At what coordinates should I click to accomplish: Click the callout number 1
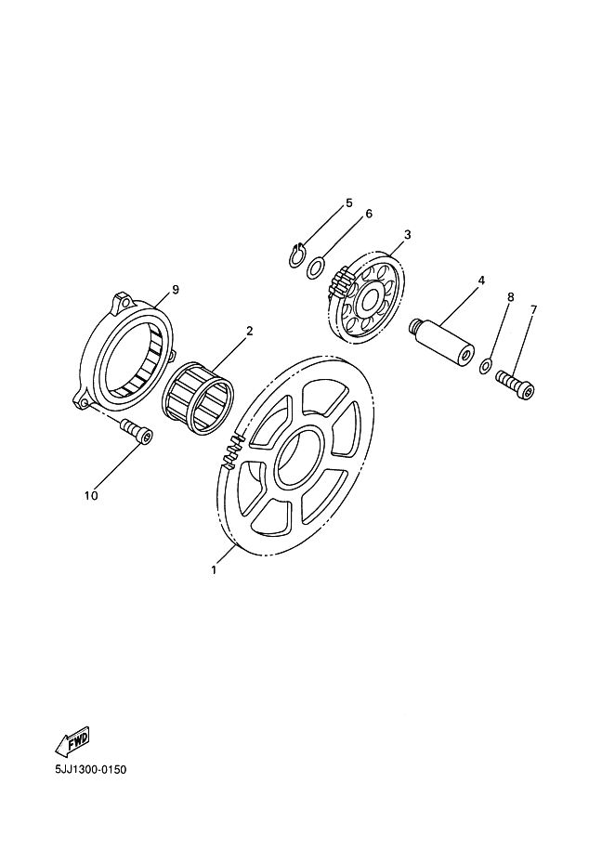(214, 569)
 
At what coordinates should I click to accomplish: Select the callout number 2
(250, 331)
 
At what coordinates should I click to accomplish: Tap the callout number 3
(408, 234)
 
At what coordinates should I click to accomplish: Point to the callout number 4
(480, 281)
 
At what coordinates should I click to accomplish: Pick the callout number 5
(349, 203)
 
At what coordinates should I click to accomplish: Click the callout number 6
(369, 214)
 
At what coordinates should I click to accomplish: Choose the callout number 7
(533, 309)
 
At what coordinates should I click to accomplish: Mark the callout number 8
(510, 297)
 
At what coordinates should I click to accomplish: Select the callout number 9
(175, 290)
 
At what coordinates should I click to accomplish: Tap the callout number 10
(91, 495)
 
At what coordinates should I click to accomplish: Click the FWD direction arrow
(72, 741)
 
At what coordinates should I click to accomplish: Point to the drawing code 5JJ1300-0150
(91, 769)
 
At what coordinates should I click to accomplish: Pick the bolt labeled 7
(515, 385)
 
